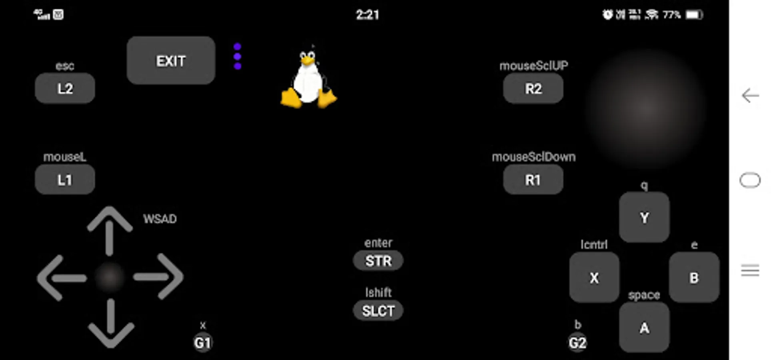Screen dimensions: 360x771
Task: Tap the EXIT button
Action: (171, 61)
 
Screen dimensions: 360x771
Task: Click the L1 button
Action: (65, 180)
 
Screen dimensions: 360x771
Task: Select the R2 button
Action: (533, 88)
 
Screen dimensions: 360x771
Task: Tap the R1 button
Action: (533, 180)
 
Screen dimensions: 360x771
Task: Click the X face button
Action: (594, 277)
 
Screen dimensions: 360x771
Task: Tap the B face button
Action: (694, 277)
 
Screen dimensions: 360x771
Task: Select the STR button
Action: (378, 261)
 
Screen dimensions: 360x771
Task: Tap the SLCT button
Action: (378, 311)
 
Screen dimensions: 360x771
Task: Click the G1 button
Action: (202, 343)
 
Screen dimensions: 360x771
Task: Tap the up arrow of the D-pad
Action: (110, 230)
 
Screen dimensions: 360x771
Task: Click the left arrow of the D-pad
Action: (60, 278)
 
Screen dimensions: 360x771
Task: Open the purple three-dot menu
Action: (237, 56)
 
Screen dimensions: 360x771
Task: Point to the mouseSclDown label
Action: (533, 157)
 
